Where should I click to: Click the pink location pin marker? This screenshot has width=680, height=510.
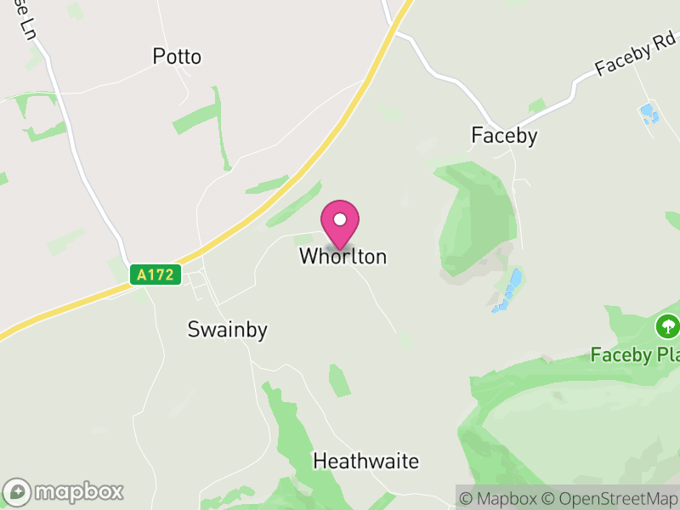[x=340, y=224]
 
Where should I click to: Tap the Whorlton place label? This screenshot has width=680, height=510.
[x=343, y=257]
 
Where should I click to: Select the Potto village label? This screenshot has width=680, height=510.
[x=177, y=57]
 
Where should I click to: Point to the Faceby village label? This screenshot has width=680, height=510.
[x=504, y=136]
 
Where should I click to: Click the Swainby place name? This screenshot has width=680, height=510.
[x=227, y=331]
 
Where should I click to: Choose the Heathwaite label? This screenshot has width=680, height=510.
[x=365, y=462]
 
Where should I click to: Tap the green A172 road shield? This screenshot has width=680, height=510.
[x=156, y=275]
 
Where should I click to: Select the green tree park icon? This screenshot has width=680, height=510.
[x=667, y=326]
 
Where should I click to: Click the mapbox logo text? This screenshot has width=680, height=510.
[x=78, y=491]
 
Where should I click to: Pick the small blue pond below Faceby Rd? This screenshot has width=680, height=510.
[x=649, y=113]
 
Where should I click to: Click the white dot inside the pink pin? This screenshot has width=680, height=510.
[x=340, y=219]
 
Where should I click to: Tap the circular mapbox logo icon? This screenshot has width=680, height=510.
[x=19, y=491]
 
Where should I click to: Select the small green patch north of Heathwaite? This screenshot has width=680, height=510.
[x=340, y=380]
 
